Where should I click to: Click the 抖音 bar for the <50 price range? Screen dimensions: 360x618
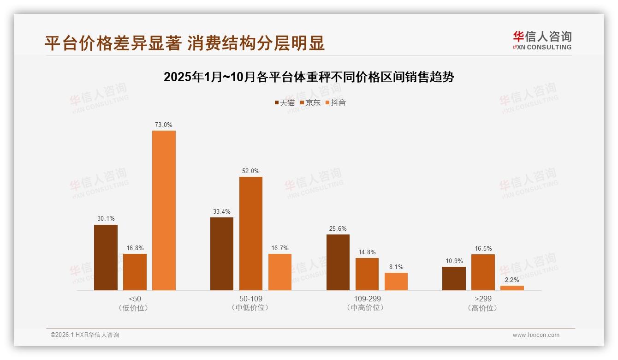click(164, 210)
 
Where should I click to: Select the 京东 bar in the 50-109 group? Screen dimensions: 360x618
click(250, 234)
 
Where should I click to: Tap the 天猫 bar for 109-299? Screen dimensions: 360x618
click(338, 262)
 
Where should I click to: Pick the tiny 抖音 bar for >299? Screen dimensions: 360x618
click(512, 288)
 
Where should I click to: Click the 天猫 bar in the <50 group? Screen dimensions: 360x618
click(106, 258)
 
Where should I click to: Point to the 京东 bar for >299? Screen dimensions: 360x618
click(483, 272)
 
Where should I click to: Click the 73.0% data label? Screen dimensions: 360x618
click(164, 125)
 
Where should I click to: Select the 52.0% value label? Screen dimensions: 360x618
click(250, 171)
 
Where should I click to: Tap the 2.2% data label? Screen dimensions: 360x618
click(512, 280)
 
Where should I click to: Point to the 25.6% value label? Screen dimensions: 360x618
click(338, 228)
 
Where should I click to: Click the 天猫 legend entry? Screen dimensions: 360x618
click(284, 102)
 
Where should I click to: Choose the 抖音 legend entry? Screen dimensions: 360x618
click(335, 102)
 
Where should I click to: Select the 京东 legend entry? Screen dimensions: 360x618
click(310, 102)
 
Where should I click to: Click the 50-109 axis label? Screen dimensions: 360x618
click(251, 299)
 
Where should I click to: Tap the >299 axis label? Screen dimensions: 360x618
click(483, 299)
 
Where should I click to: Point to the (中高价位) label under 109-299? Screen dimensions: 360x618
click(367, 308)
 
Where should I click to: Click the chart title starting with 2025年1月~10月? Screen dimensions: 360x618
click(309, 77)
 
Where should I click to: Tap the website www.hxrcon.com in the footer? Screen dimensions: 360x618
click(536, 335)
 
